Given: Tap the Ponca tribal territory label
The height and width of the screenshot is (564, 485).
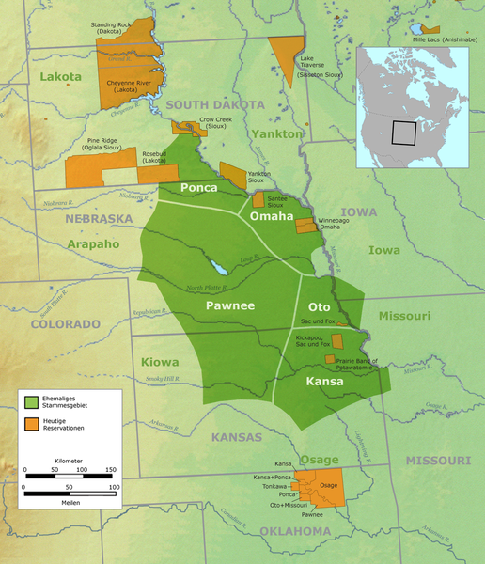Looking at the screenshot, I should [199, 188].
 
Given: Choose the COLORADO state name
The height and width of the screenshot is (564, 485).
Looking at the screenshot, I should [66, 323].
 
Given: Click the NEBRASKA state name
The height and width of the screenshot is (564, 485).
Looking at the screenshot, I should [99, 219].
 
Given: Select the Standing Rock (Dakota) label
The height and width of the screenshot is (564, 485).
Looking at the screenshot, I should [110, 27].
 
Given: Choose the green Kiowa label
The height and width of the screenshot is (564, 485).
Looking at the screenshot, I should [159, 362].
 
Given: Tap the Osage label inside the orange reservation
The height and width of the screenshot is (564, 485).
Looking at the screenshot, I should [328, 484].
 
